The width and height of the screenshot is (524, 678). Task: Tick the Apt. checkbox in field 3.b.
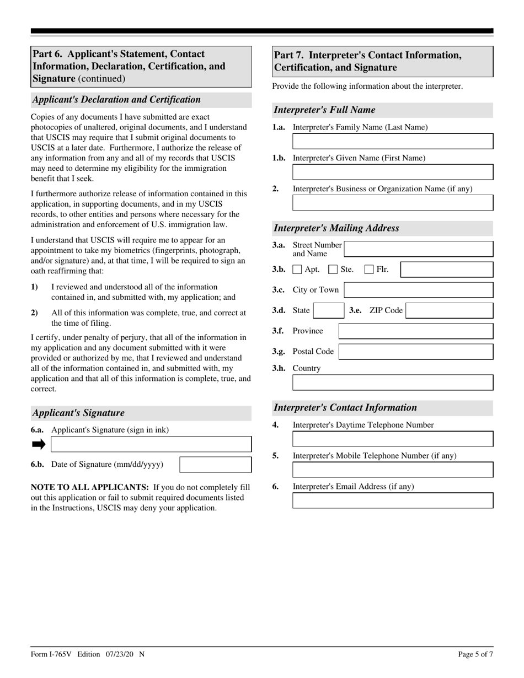[x=297, y=270]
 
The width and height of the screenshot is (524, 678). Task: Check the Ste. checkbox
[x=333, y=270]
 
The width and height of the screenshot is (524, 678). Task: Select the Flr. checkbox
[x=369, y=270]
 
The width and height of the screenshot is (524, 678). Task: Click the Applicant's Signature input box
[x=151, y=444]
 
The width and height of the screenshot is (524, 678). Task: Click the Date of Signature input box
[x=216, y=465]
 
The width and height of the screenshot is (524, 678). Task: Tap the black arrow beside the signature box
[x=39, y=444]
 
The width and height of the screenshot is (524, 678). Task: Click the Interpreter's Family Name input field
[x=392, y=141]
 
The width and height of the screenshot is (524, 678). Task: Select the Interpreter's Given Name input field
[x=392, y=172]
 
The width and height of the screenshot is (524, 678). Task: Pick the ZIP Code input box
[x=449, y=310]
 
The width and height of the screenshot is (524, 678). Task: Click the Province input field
[x=415, y=331]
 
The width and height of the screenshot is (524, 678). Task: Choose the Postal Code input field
[x=415, y=352]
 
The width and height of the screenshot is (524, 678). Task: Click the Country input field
[x=392, y=383]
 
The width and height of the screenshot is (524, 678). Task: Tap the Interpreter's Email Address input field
[x=392, y=501]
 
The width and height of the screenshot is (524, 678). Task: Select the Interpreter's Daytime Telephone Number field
[x=392, y=439]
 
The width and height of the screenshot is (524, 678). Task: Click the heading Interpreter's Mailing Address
[x=336, y=228]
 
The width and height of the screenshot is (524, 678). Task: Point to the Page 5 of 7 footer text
[x=475, y=654]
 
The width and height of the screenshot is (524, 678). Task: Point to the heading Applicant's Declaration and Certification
[x=116, y=100]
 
